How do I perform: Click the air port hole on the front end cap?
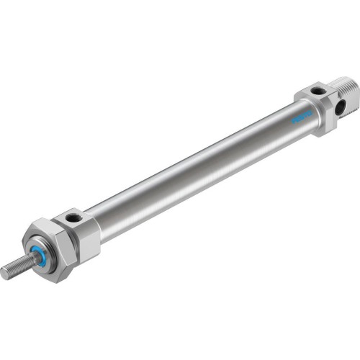click(x=72, y=217)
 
